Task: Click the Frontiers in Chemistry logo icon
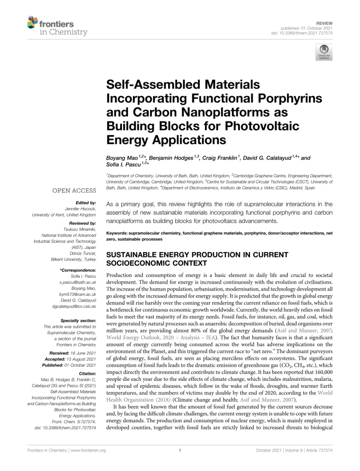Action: click(33, 21)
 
